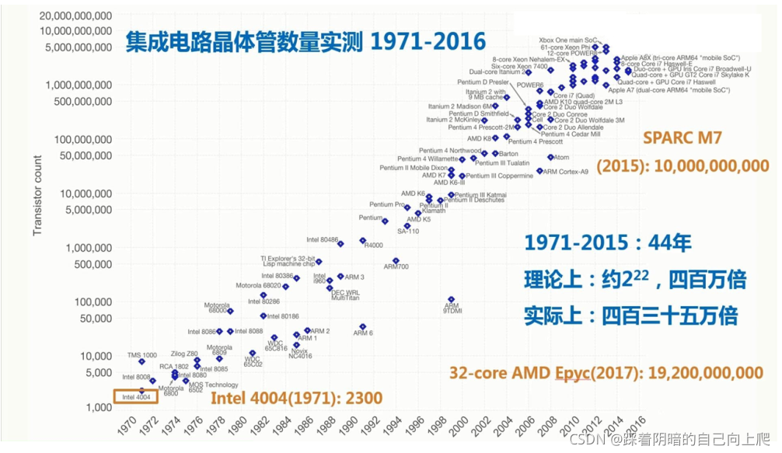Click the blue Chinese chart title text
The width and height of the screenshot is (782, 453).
305,41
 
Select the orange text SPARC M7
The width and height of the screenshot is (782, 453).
683,138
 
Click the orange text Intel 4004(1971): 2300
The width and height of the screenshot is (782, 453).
297,399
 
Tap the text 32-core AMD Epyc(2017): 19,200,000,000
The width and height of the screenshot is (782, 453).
606,373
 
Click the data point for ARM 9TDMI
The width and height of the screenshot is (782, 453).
451,299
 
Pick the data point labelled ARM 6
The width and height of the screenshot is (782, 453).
363,327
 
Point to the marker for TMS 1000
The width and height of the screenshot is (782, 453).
141,361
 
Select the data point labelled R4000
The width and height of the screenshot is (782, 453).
363,241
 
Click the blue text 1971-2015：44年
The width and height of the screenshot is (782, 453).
608,243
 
